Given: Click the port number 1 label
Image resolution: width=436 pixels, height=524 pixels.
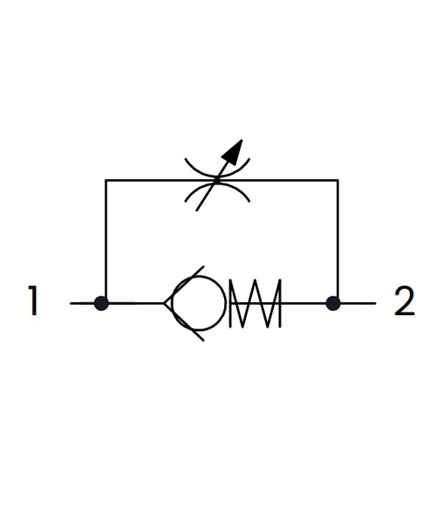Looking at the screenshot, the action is click(33, 300).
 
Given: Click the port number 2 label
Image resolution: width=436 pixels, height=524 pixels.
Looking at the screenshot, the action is click(405, 300).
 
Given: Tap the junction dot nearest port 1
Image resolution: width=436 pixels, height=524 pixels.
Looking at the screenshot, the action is click(101, 303).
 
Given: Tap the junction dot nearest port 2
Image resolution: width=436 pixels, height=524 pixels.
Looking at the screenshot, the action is click(333, 303).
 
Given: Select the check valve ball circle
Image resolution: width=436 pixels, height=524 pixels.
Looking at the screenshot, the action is click(200, 276).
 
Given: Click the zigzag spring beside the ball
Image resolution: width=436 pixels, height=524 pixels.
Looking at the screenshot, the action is click(255, 303).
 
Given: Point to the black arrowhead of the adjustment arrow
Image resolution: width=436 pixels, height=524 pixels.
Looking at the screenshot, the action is click(233, 152).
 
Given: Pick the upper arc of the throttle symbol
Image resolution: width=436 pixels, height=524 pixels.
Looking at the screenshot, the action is click(217, 176).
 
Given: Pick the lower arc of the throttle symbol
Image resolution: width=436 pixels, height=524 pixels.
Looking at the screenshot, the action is click(217, 183).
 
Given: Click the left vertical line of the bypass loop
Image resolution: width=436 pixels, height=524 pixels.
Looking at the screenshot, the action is click(106, 241).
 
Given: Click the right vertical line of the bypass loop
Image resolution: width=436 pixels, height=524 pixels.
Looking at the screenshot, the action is click(338, 241).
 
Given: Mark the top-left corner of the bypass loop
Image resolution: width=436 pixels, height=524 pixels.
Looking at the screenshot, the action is click(106, 181).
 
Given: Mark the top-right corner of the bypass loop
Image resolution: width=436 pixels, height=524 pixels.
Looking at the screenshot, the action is click(338, 181).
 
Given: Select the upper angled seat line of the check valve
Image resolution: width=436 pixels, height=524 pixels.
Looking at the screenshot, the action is click(184, 285).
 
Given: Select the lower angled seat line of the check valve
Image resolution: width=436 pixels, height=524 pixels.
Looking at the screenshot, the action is click(184, 322).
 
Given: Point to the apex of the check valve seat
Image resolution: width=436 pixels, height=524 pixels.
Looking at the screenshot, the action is click(164, 303).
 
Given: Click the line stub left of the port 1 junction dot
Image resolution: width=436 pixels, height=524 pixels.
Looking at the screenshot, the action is click(82, 303).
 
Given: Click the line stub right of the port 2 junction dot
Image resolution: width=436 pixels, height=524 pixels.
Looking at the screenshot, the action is click(358, 303).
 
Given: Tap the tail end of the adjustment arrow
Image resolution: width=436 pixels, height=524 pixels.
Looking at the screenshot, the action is click(196, 210).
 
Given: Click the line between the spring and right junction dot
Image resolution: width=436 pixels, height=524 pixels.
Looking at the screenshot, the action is click(303, 303).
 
